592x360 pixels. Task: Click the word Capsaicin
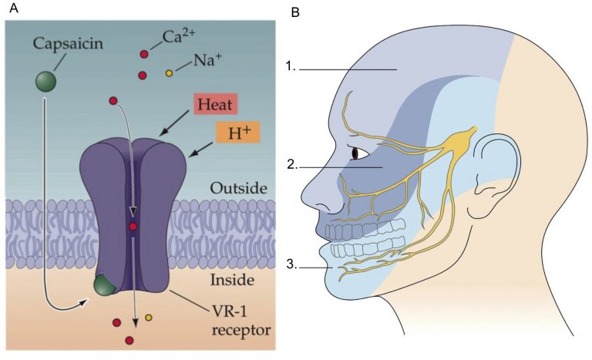pyautogui.click(x=68, y=44)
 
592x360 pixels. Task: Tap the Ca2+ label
pyautogui.click(x=179, y=37)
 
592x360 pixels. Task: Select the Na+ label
pyautogui.click(x=208, y=59)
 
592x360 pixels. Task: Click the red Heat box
pyautogui.click(x=215, y=104)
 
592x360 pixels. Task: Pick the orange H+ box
pyautogui.click(x=238, y=133)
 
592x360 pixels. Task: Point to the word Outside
pyautogui.click(x=239, y=188)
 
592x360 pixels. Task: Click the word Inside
pyautogui.click(x=232, y=280)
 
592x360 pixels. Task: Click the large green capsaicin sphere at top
pyautogui.click(x=45, y=82)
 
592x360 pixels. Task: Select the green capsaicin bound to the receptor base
pyautogui.click(x=105, y=285)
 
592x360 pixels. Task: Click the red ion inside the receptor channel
pyautogui.click(x=133, y=227)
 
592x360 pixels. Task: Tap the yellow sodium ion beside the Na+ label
pyautogui.click(x=170, y=73)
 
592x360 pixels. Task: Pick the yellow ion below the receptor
pyautogui.click(x=148, y=318)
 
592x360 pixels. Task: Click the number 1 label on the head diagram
pyautogui.click(x=291, y=66)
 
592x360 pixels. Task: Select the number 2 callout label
pyautogui.click(x=292, y=165)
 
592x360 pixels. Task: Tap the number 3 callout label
pyautogui.click(x=292, y=264)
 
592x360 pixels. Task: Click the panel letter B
pyautogui.click(x=295, y=12)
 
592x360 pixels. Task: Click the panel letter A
pyautogui.click(x=13, y=8)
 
